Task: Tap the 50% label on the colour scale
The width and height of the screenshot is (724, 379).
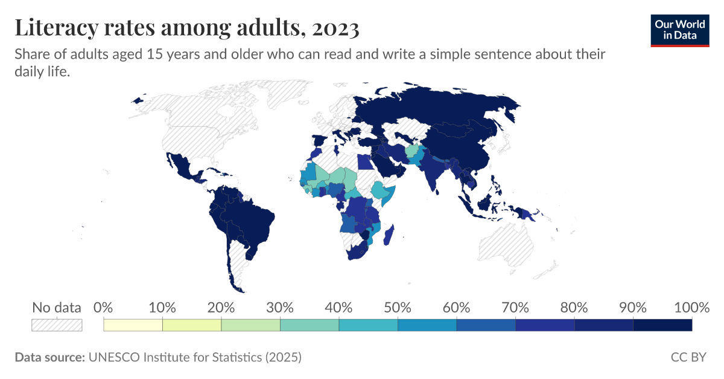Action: pos(398,307)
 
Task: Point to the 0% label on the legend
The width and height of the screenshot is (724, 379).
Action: pos(104,307)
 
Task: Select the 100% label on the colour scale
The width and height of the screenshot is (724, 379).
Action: pos(691,307)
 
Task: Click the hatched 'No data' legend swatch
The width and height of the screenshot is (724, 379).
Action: pos(57,325)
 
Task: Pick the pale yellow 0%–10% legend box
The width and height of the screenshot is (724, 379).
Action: pos(133,325)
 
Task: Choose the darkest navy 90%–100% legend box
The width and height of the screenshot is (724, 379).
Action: pos(662,325)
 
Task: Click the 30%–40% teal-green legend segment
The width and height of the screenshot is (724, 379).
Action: pos(310,325)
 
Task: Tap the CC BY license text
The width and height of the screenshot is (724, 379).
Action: pos(688,357)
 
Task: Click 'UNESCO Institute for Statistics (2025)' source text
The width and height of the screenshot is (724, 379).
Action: pos(194,357)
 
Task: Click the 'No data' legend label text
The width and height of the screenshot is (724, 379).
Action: pos(57,307)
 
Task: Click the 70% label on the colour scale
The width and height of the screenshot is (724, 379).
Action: pos(515,307)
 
